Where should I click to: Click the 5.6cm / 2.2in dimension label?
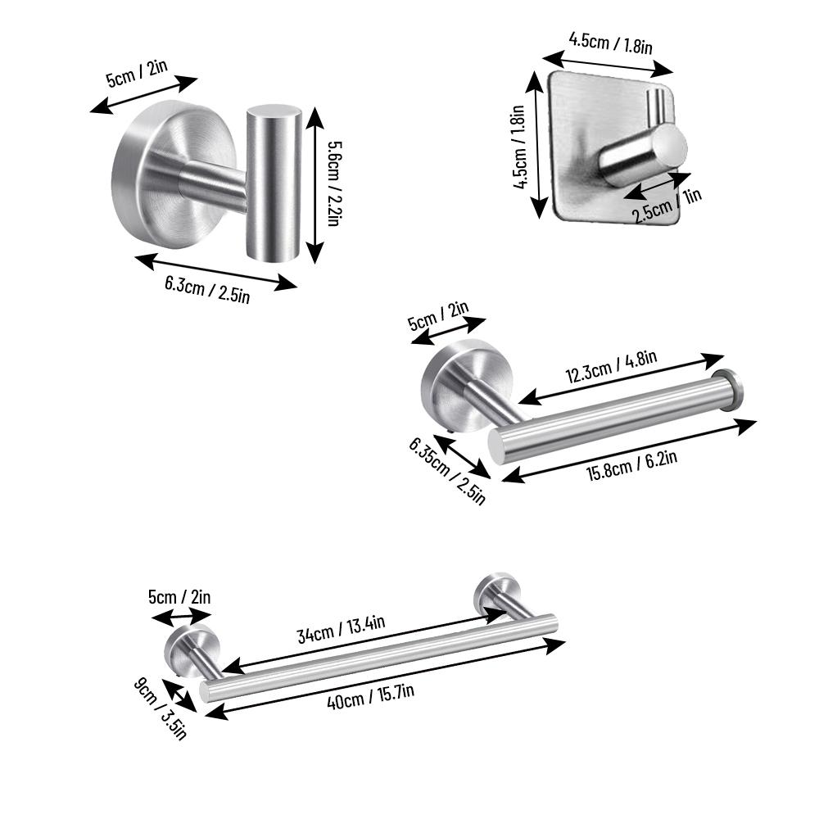[x=335, y=183]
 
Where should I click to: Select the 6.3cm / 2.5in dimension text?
[x=207, y=289]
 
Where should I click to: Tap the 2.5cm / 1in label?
[x=666, y=206]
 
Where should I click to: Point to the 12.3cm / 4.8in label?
[x=611, y=366]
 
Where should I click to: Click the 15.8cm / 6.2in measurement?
[x=632, y=465]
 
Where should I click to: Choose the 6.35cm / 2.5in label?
[x=447, y=471]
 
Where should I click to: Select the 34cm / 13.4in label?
[x=341, y=629]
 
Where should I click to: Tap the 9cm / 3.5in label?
[x=161, y=708]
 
